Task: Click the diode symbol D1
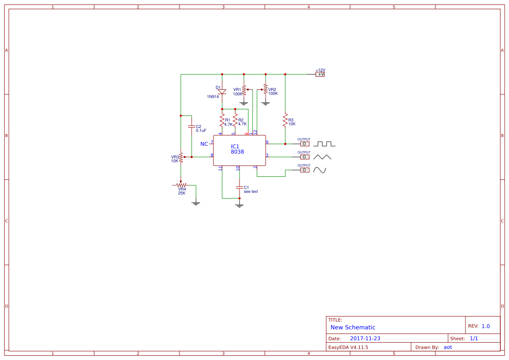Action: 222,91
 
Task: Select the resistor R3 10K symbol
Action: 285,121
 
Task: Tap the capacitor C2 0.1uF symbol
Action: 191,126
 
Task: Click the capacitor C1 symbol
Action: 239,187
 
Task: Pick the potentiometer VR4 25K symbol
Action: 181,185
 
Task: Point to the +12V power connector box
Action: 320,74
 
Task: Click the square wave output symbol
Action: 324,144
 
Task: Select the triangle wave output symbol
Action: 323,157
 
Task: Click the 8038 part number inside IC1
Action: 237,152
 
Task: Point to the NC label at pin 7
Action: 204,144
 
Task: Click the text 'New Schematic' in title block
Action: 353,327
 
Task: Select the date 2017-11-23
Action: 365,339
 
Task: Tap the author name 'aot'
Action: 448,347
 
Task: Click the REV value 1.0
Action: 485,326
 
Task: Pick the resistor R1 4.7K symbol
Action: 222,120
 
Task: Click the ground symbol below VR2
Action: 265,103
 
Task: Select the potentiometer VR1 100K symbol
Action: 244,90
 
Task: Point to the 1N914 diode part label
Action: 213,97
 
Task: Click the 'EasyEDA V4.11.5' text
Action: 348,347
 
